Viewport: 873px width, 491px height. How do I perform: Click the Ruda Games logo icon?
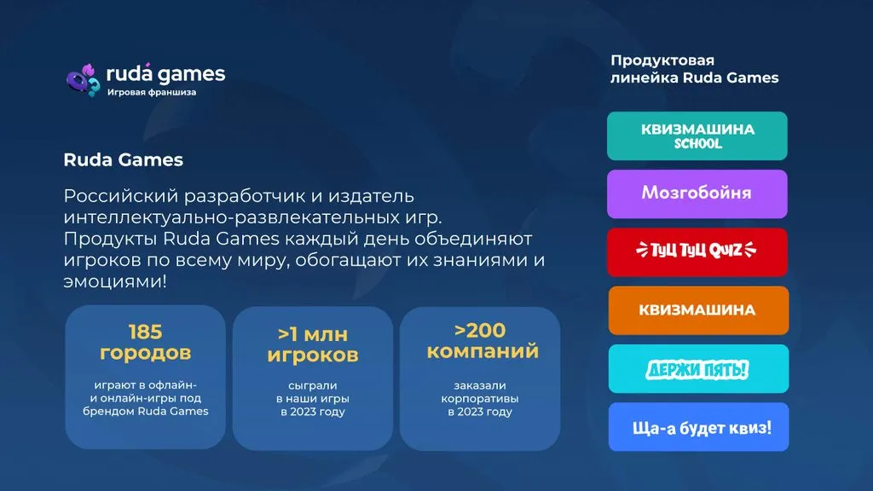click(x=84, y=80)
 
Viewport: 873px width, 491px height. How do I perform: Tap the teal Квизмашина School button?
click(x=697, y=136)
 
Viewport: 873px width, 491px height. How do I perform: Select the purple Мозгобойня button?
click(x=697, y=194)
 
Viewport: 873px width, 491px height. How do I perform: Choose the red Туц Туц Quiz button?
click(x=697, y=252)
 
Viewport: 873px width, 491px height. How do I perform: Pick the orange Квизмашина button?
click(x=698, y=310)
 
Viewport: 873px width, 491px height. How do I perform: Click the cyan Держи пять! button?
click(x=698, y=368)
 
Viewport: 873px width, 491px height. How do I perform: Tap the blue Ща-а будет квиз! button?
click(x=698, y=427)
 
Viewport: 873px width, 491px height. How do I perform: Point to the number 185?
click(x=145, y=332)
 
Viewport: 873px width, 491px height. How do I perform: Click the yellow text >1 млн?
click(x=313, y=334)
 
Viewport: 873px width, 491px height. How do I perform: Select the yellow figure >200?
click(x=480, y=330)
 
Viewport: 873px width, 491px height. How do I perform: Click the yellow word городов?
click(x=145, y=353)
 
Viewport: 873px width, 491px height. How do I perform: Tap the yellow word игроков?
click(x=313, y=355)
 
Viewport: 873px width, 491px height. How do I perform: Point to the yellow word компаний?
click(x=483, y=351)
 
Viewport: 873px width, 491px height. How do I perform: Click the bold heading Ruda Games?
click(x=123, y=159)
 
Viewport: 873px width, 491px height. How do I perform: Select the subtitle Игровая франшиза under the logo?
click(x=152, y=92)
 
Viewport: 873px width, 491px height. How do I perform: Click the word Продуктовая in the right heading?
click(x=662, y=61)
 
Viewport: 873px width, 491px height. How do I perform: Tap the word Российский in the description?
click(x=120, y=196)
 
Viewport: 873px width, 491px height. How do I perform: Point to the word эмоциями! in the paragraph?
click(x=115, y=281)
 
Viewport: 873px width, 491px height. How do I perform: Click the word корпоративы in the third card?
click(x=480, y=399)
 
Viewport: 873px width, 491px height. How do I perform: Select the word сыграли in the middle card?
click(x=313, y=385)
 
